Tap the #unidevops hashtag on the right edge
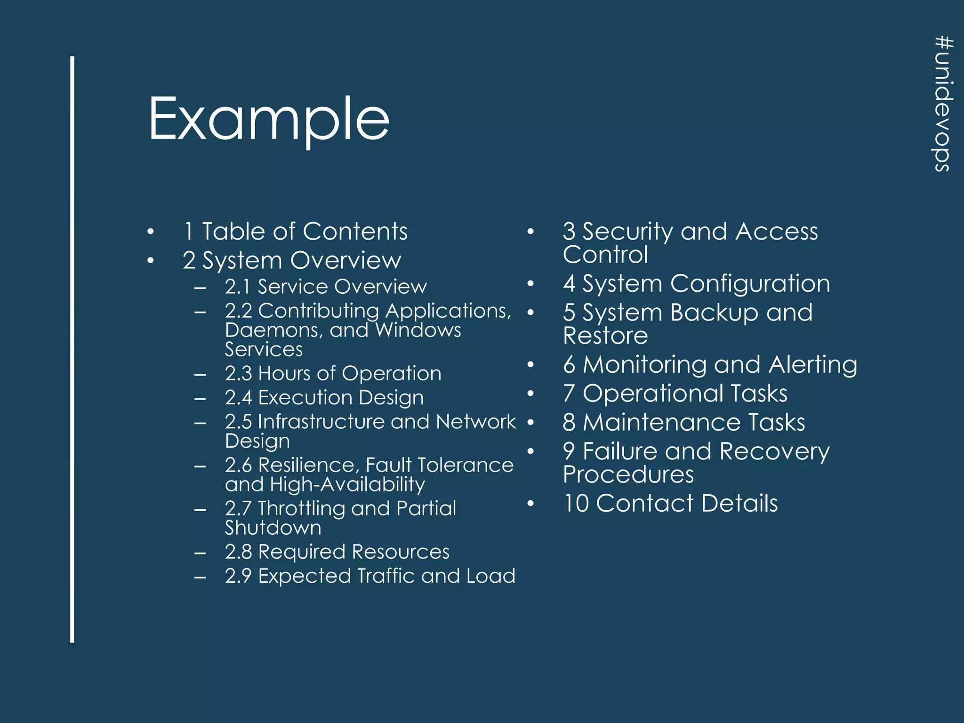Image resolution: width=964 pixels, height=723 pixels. point(943,104)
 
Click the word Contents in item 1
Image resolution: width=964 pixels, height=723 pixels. point(355,232)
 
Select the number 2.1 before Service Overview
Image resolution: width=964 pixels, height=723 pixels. point(237,287)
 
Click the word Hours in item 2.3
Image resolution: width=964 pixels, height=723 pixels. point(284,374)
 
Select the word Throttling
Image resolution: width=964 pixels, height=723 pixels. point(301,508)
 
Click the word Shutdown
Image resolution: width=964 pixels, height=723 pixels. point(273,528)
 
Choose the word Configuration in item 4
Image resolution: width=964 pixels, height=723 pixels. point(750,284)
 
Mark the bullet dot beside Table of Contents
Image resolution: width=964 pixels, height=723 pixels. point(150,232)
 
